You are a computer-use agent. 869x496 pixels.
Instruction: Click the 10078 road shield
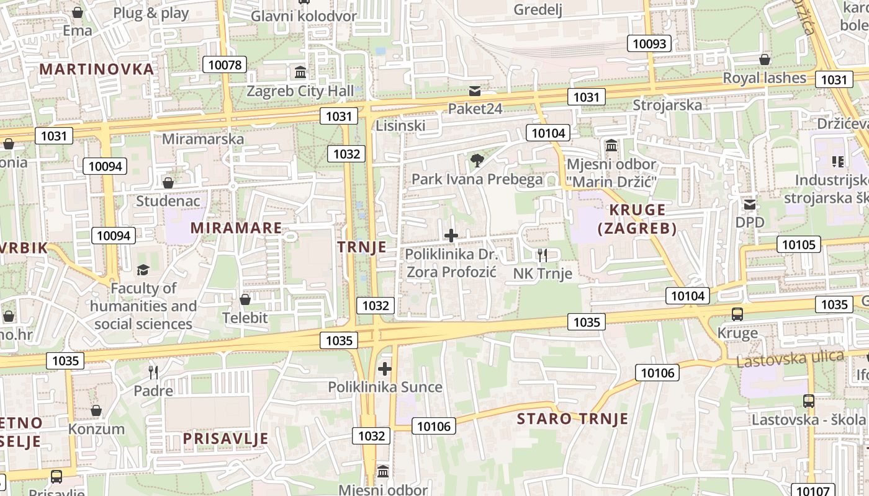pos(225,64)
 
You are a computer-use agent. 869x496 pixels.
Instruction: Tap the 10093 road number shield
pos(650,43)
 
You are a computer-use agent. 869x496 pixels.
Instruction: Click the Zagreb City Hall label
pos(300,91)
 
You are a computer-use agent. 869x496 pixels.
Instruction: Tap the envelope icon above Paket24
pos(475,91)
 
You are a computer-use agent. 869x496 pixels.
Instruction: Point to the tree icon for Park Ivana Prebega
pos(477,161)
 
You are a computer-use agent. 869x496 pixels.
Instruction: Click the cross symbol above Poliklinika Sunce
pos(385,370)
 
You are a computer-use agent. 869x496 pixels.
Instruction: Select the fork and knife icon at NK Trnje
pos(543,255)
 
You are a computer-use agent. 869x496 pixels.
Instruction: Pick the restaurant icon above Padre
pos(153,373)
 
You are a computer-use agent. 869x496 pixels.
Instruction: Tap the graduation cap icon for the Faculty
pos(143,270)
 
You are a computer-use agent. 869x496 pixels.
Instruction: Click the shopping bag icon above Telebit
pos(245,300)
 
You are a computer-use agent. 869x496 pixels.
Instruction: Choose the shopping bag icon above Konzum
pos(96,410)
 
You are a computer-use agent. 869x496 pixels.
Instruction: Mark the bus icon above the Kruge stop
pos(737,314)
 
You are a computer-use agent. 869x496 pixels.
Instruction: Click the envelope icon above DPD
pos(750,204)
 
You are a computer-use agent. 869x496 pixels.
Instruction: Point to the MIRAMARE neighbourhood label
pos(236,228)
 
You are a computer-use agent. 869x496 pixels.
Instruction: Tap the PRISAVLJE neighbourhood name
pos(225,438)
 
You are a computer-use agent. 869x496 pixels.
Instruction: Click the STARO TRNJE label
pos(572,418)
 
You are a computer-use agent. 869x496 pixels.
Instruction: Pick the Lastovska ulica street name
pos(790,358)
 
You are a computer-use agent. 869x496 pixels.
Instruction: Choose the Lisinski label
pos(400,126)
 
